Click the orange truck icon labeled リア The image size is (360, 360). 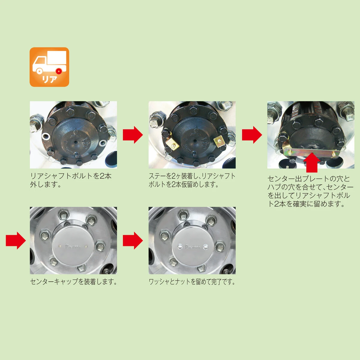tap(49, 67)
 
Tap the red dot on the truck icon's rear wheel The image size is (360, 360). tap(58, 71)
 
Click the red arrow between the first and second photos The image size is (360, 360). tap(133, 135)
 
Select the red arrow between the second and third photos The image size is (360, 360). tap(252, 135)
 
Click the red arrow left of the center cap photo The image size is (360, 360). tap(16, 240)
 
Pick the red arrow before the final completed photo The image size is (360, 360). tap(133, 240)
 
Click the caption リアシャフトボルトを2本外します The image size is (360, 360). tap(71, 180)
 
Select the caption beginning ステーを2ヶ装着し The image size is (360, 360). tap(192, 180)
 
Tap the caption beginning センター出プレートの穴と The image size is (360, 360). tap(310, 191)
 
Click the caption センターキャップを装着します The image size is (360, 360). tap(73, 282)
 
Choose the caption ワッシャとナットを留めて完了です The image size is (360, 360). tap(192, 282)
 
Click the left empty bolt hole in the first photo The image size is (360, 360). tap(46, 136)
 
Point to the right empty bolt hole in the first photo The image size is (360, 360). tap(103, 142)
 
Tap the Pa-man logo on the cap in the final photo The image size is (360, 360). tap(192, 247)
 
